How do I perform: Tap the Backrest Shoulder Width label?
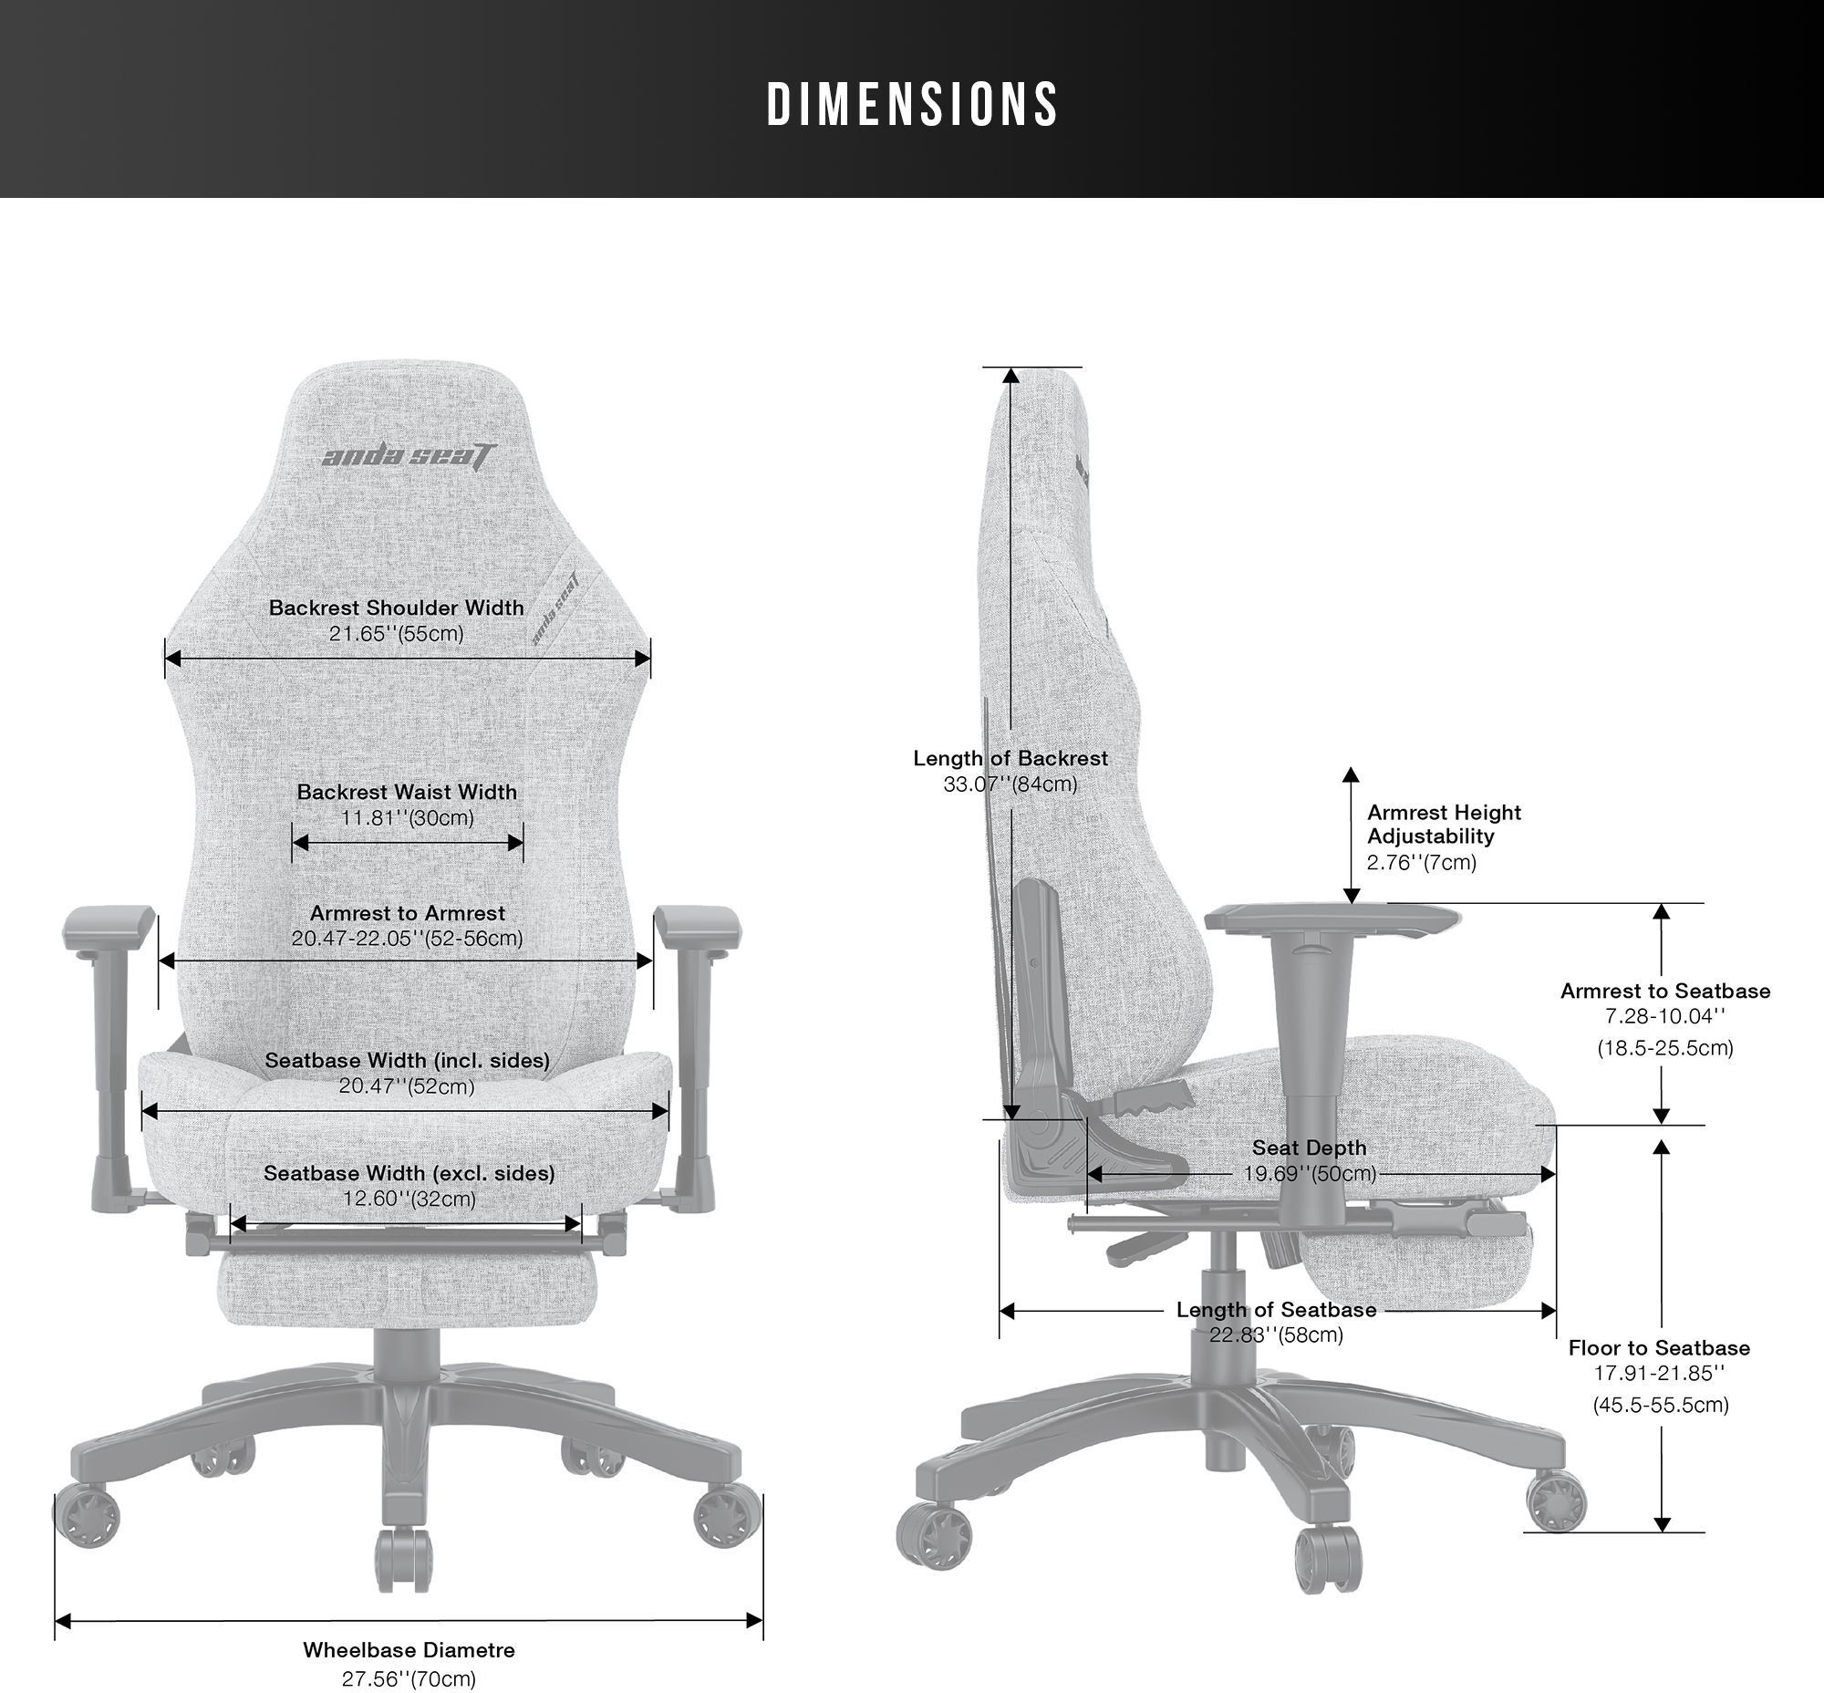(x=397, y=608)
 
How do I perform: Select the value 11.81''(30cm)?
(x=408, y=817)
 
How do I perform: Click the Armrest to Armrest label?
(x=408, y=912)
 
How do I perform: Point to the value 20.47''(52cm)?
(x=407, y=1085)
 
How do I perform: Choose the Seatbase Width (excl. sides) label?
(x=409, y=1173)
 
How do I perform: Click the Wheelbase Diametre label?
(x=409, y=1650)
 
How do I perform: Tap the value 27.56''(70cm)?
(x=409, y=1679)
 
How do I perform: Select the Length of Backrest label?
(x=1010, y=758)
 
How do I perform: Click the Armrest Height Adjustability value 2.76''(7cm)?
(x=1422, y=862)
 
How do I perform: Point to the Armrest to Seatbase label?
(x=1665, y=991)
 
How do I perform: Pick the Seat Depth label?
(x=1309, y=1147)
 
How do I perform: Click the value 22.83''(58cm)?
(x=1276, y=1335)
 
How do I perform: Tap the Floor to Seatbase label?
(x=1659, y=1347)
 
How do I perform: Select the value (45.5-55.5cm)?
(x=1661, y=1405)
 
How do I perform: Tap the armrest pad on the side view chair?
(x=1332, y=917)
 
